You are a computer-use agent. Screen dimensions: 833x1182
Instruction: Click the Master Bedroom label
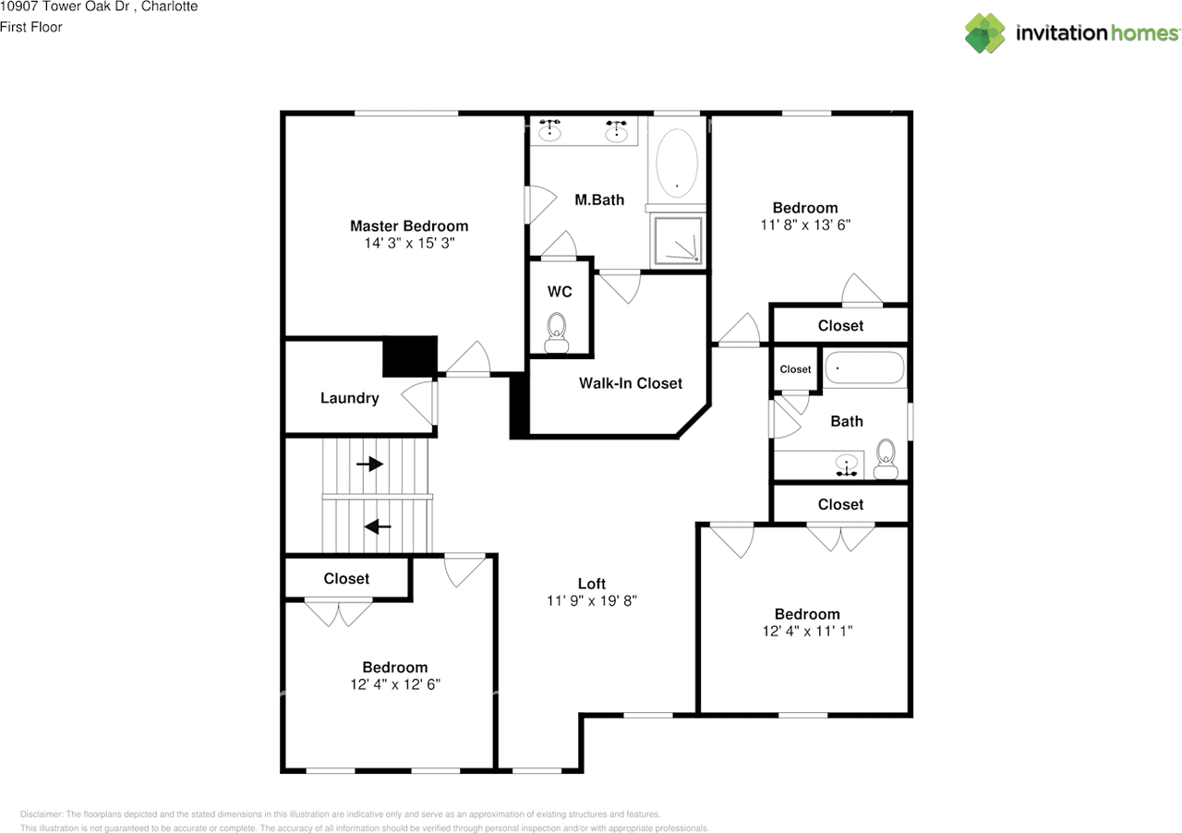click(408, 226)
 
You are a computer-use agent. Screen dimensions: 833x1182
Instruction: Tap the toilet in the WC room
click(557, 333)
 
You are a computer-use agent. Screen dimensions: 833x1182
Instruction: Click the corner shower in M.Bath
click(679, 241)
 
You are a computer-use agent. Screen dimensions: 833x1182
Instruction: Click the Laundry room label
click(349, 398)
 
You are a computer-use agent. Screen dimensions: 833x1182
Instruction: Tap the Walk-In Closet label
click(631, 383)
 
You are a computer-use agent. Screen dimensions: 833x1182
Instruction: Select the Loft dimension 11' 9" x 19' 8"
click(592, 600)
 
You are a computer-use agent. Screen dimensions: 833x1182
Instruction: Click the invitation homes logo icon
click(986, 33)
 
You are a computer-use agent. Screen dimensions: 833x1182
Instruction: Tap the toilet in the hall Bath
click(886, 459)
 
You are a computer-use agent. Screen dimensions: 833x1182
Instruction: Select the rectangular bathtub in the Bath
click(864, 368)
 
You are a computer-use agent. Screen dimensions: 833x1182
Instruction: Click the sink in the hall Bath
click(846, 465)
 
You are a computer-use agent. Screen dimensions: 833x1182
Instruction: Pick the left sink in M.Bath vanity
click(551, 130)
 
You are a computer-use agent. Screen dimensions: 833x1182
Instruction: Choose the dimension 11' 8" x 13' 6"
click(805, 224)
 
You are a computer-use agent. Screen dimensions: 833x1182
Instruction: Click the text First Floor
click(31, 27)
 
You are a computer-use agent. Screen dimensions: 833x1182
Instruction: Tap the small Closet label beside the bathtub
click(795, 369)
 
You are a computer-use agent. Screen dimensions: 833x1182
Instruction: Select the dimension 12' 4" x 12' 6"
click(394, 684)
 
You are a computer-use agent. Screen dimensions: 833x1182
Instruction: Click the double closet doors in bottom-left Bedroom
click(339, 612)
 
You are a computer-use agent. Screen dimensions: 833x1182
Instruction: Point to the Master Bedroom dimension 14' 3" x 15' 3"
click(409, 244)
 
